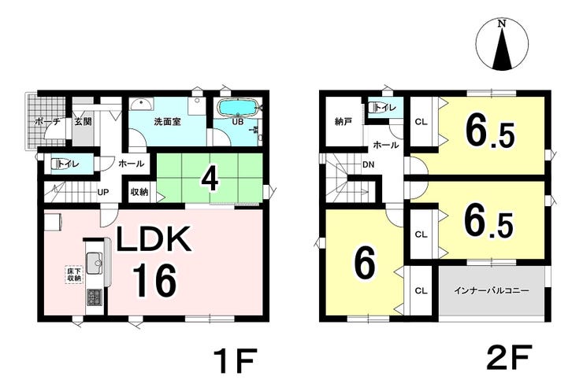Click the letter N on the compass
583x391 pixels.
pos(503,24)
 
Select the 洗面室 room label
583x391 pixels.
pos(167,121)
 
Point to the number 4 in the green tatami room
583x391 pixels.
pos(210,179)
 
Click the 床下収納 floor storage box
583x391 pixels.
pos(74,275)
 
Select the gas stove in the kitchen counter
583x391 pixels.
pos(95,298)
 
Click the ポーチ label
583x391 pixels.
pos(47,121)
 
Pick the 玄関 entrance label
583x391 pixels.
pos(83,121)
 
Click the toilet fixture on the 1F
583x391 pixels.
pos(57,164)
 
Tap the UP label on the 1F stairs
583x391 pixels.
pos(103,192)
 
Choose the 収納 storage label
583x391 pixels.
pos(139,192)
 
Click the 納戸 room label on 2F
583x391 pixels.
pos(343,121)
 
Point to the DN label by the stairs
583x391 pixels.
pos(368,164)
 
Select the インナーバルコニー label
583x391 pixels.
pos(491,291)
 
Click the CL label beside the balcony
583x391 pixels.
pos(421,291)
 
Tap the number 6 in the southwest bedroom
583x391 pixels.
pos(364,264)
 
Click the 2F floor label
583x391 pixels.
pos(509,359)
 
